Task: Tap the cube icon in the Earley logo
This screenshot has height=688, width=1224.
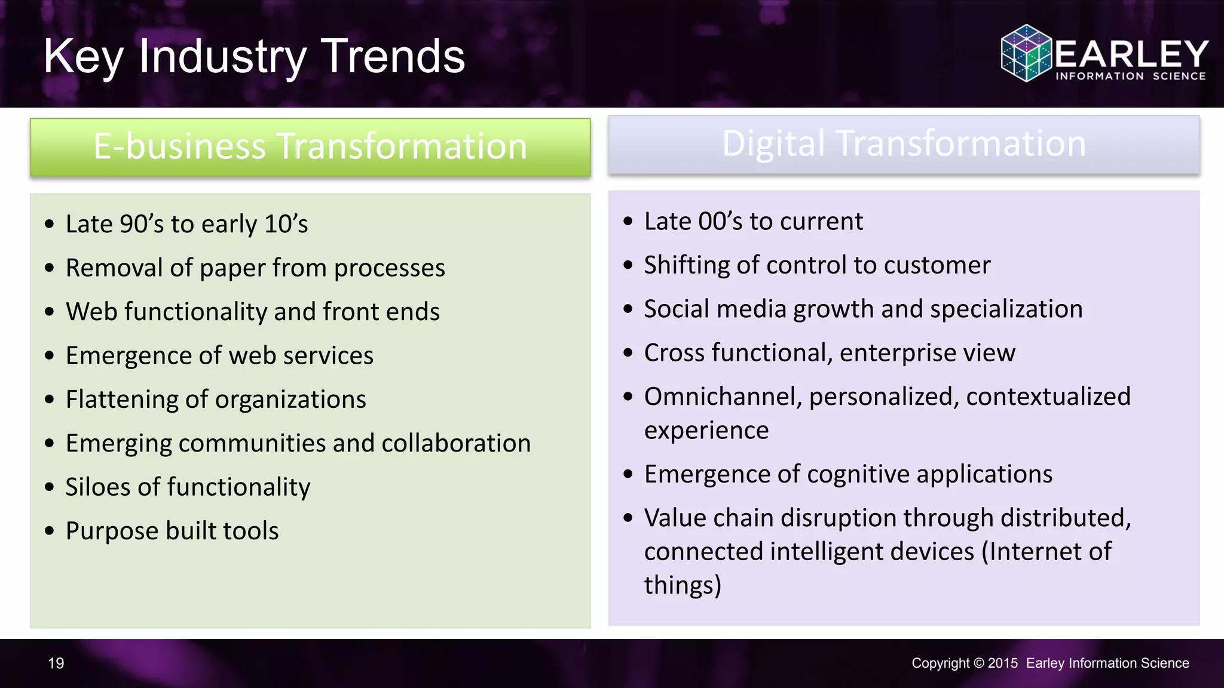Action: [1026, 53]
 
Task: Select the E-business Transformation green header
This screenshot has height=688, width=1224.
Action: [310, 147]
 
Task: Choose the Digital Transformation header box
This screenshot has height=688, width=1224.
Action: [904, 145]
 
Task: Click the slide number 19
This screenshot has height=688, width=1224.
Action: [56, 663]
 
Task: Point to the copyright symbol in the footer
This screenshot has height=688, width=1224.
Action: [978, 663]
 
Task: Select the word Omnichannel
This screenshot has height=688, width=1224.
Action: [723, 397]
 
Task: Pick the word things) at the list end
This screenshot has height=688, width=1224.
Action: [683, 585]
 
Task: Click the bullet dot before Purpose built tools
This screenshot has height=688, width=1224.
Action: [50, 530]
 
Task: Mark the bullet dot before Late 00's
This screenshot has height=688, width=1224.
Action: [628, 222]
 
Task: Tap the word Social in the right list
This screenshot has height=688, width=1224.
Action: [677, 309]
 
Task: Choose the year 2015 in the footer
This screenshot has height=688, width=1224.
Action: [1002, 663]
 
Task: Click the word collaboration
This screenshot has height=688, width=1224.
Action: [456, 443]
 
